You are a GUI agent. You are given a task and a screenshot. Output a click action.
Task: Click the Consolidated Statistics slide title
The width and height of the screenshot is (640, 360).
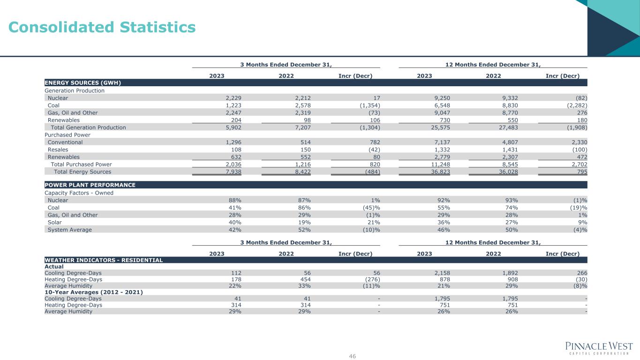102,28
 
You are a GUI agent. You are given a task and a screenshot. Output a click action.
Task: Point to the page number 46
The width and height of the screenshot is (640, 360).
353,356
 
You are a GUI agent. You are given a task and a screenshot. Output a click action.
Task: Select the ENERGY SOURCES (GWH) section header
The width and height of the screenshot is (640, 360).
83,83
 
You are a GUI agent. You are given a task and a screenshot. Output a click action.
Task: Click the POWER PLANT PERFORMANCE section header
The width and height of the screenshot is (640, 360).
90,185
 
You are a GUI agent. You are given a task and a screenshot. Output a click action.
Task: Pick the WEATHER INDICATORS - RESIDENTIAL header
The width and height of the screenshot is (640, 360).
104,260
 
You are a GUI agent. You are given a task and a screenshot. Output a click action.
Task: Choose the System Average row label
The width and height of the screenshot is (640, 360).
70,230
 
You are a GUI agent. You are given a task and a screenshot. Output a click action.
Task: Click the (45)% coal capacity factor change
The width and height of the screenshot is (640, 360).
369,208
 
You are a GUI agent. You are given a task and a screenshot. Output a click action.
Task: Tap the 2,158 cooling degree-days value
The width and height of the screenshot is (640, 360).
441,273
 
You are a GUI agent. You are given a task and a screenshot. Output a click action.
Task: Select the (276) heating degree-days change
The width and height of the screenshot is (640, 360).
370,280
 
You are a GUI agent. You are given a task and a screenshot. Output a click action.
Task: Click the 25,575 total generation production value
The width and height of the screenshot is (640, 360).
439,127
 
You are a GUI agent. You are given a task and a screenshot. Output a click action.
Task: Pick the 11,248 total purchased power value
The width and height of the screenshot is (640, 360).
439,165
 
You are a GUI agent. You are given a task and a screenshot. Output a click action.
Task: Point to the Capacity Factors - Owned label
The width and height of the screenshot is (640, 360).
79,193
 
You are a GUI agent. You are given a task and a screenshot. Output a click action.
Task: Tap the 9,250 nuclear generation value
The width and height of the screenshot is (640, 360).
441,98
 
